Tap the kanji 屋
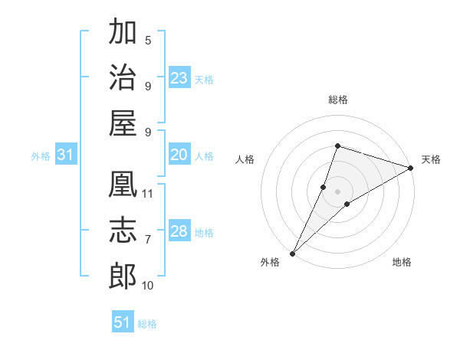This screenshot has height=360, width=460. pyautogui.click(x=123, y=123)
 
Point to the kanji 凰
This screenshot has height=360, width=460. pyautogui.click(x=123, y=184)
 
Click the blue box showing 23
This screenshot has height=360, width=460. pyautogui.click(x=179, y=78)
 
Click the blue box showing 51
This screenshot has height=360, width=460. pyautogui.click(x=123, y=322)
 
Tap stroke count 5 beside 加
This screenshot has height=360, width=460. pyautogui.click(x=148, y=40)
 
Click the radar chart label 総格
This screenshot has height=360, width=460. pyautogui.click(x=338, y=100)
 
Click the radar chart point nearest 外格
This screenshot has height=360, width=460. pyautogui.click(x=293, y=253)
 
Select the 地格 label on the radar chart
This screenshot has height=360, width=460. pyautogui.click(x=402, y=262)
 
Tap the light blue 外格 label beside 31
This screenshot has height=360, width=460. pyautogui.click(x=41, y=156)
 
